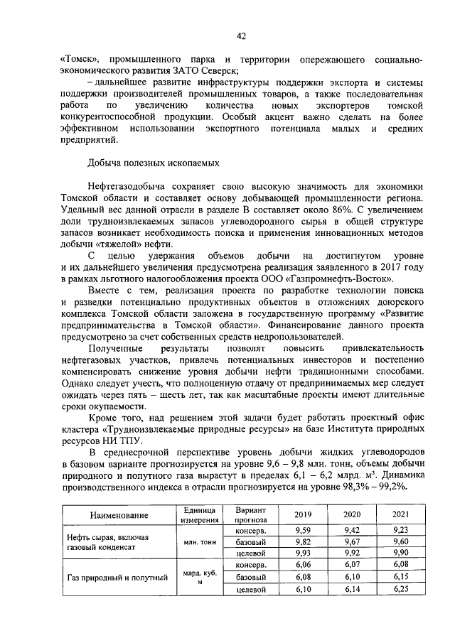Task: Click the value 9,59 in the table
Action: tap(302, 530)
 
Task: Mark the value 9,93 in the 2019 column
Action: tap(302, 553)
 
